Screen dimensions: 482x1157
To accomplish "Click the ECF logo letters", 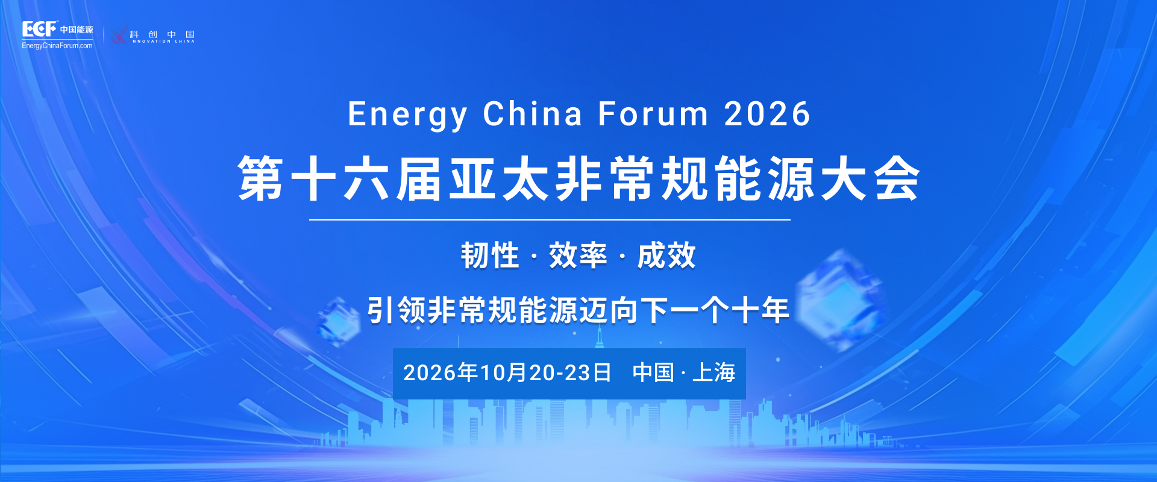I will (x=39, y=28).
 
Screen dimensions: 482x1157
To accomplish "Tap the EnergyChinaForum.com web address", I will (x=57, y=46).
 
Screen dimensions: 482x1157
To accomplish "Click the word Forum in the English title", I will (x=653, y=114).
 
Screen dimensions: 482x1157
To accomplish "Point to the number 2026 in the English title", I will (x=767, y=114).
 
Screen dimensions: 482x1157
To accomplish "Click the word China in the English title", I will (x=533, y=114).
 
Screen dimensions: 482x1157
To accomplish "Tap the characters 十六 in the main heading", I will (x=340, y=178).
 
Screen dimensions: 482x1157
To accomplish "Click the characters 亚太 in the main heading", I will (x=498, y=178).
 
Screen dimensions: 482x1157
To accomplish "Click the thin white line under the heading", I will (x=550, y=220).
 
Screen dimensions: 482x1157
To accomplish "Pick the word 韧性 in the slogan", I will (x=490, y=255).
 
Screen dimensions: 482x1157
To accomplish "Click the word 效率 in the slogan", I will (x=578, y=255).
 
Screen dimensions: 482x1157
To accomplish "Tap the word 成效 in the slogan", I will (x=666, y=255).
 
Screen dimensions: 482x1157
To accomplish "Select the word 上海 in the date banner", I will (x=714, y=372).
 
